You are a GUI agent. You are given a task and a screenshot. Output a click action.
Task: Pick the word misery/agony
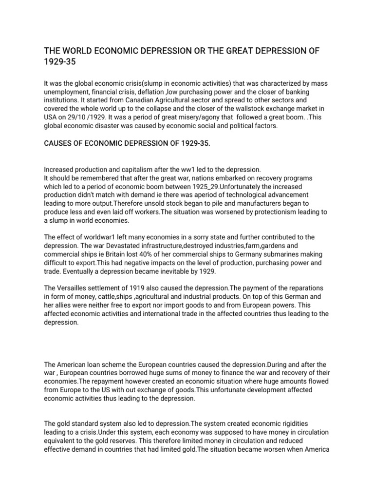[x=192, y=118]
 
